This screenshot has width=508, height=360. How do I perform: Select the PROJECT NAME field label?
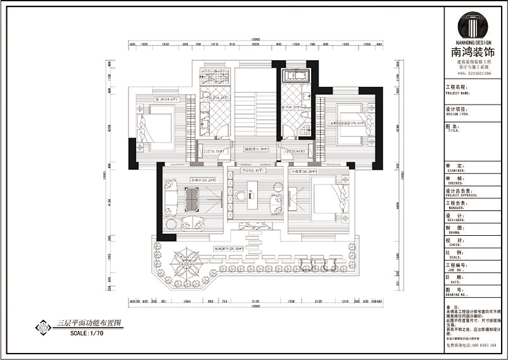(x=455, y=93)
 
